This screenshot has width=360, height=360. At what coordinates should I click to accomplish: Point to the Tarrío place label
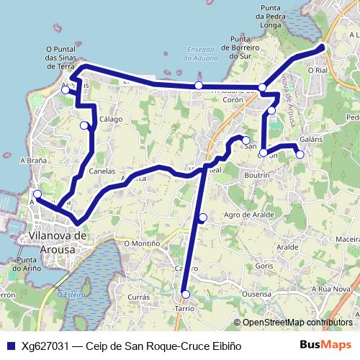pyautogui.click(x=184, y=307)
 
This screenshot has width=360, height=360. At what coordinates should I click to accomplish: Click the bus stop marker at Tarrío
pyautogui.click(x=186, y=294)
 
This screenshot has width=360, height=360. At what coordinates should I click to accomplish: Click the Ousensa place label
pyautogui.click(x=256, y=294)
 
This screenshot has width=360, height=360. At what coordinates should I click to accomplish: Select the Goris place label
pyautogui.click(x=264, y=266)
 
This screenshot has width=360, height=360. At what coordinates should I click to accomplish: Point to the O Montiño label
pyautogui.click(x=142, y=243)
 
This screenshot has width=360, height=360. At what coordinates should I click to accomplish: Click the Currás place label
pyautogui.click(x=138, y=297)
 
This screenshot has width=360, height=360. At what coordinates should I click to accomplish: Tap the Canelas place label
pyautogui.click(x=102, y=171)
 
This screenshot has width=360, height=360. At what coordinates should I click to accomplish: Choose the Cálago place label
pyautogui.click(x=111, y=120)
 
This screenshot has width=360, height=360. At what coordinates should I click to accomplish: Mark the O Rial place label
pyautogui.click(x=317, y=70)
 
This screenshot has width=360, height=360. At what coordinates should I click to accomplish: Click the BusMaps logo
pyautogui.click(x=325, y=345)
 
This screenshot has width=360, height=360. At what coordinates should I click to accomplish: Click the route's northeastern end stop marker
pyautogui.click(x=321, y=48)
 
